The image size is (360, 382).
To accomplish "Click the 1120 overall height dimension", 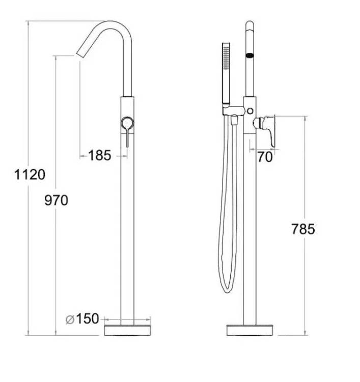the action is (x=30, y=175).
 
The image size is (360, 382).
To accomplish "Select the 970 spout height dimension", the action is (x=56, y=201).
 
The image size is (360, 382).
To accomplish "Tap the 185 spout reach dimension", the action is (x=99, y=155).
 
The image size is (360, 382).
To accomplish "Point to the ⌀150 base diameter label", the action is (x=82, y=319).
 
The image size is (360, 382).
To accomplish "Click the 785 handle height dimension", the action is (x=303, y=229).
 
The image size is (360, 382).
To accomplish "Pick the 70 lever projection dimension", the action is (x=265, y=157).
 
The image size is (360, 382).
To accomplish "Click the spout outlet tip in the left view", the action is (x=80, y=56).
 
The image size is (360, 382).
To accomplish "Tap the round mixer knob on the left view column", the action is (x=127, y=123).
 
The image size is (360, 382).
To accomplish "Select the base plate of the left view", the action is (x=127, y=330).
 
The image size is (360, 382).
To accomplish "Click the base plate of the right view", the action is (x=250, y=330).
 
